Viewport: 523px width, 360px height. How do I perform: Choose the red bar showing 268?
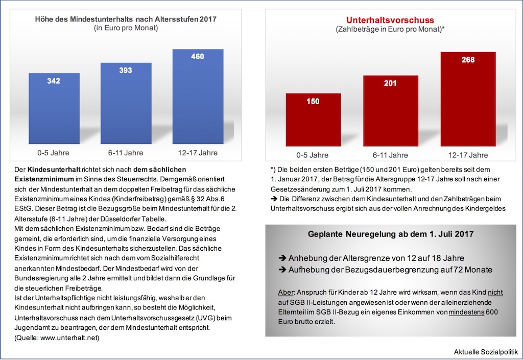pos(468,100)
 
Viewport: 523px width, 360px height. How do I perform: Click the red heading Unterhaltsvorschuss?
pos(390,20)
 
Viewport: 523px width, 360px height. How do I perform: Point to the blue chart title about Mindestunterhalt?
pos(126,19)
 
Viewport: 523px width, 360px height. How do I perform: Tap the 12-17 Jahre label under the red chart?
pos(468,155)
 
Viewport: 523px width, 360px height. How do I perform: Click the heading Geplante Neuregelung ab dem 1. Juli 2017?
pos(391,234)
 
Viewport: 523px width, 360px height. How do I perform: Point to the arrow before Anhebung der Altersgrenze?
pos(281,258)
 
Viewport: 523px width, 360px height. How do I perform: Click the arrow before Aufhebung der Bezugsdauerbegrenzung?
pos(281,270)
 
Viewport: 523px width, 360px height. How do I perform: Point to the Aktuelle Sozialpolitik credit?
pos(486,352)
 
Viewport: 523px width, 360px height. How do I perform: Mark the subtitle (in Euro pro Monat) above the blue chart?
pos(126,29)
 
